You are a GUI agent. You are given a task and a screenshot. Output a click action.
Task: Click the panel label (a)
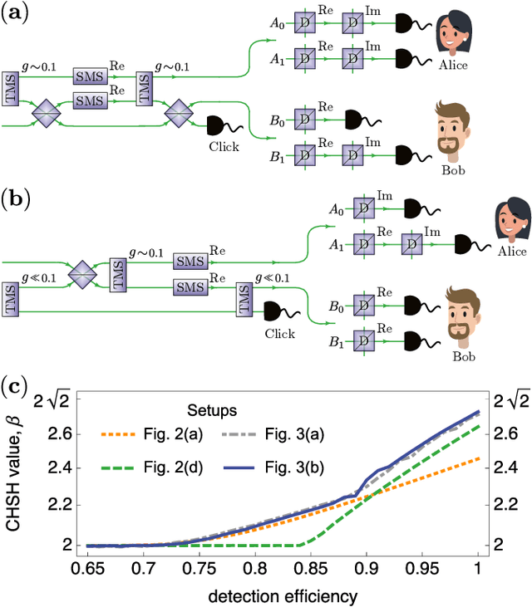15,14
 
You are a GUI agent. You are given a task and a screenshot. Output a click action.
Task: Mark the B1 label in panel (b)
335,341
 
